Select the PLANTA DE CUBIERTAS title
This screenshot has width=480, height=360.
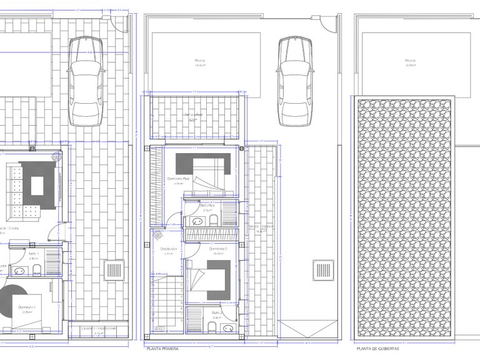(378, 351)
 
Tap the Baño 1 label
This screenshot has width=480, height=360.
(33, 254)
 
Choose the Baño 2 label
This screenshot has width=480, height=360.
(217, 312)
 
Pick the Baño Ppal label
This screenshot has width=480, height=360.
(207, 205)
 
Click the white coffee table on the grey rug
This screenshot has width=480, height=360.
(37, 186)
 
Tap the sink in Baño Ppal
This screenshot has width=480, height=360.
(196, 221)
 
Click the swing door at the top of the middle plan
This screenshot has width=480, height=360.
(327, 26)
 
